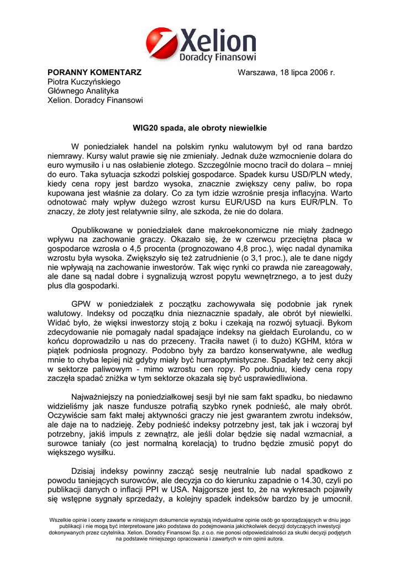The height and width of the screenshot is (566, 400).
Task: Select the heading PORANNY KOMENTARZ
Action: [x=94, y=72]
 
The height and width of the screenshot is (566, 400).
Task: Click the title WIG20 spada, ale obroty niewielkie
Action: [x=200, y=128]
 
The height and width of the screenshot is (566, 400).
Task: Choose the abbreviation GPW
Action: [x=81, y=304]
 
